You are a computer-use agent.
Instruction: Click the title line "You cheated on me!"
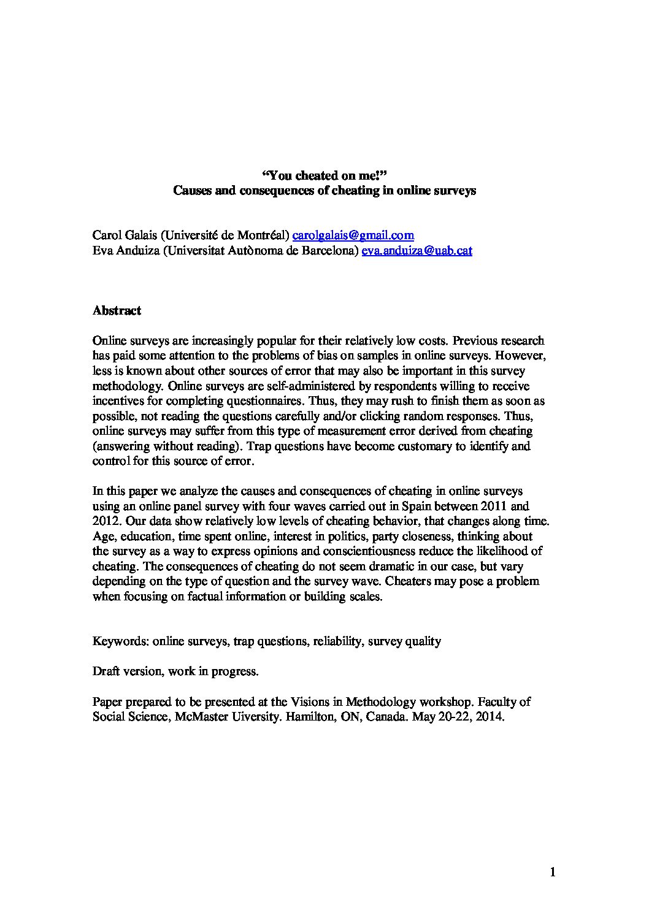coord(324,176)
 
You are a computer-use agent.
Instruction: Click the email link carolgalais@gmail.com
coord(353,235)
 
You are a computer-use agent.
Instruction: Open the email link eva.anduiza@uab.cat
coord(417,250)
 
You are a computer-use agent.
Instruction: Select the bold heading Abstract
coord(117,310)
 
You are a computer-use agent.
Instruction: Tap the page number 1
coord(553,873)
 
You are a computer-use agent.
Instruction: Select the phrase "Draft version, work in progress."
coord(175,671)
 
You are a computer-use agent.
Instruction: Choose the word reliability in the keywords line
coord(337,641)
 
